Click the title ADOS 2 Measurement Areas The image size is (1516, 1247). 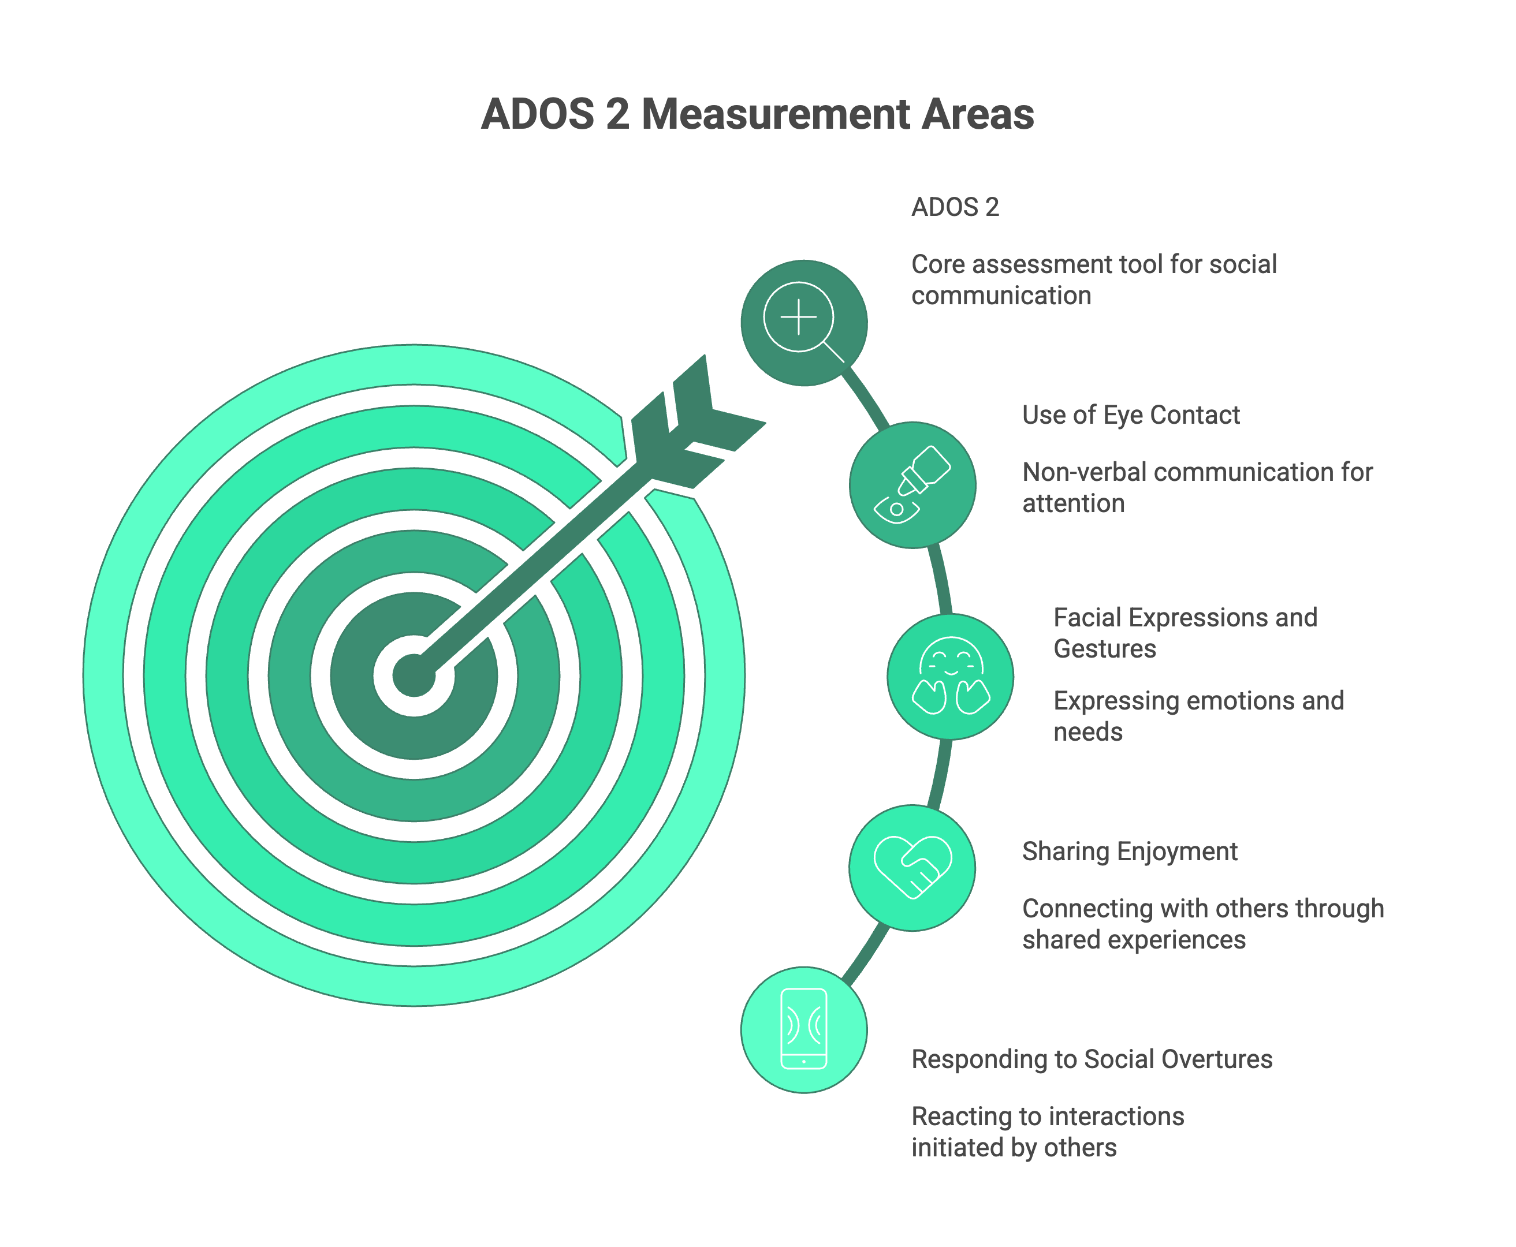[757, 114]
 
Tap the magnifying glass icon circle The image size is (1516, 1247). [803, 323]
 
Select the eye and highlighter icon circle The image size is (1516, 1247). [912, 485]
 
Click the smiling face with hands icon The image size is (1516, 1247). [950, 676]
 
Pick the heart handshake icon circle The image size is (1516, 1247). [912, 867]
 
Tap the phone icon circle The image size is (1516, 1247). [803, 1029]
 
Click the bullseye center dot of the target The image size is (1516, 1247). [414, 676]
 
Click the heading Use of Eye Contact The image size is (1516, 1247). [1131, 415]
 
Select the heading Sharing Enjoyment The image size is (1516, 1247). [1130, 851]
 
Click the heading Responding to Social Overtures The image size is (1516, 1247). [1092, 1059]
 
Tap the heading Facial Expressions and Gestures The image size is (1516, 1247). [1185, 633]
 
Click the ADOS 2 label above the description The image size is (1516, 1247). [955, 207]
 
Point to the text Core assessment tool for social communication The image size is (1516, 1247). [1093, 280]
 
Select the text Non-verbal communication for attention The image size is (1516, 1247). [1197, 488]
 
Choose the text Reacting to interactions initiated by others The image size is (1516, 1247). [1048, 1132]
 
